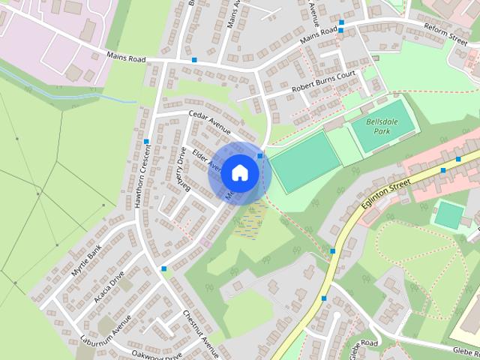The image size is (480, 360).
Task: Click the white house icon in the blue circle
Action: coord(239,172)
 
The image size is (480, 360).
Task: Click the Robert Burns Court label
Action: coord(323,85)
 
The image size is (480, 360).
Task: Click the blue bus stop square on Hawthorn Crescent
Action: coord(146,142)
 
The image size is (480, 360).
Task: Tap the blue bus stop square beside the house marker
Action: coord(260,156)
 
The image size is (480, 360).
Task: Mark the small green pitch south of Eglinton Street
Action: coord(448,214)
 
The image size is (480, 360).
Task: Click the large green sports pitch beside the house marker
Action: coord(305,160)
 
